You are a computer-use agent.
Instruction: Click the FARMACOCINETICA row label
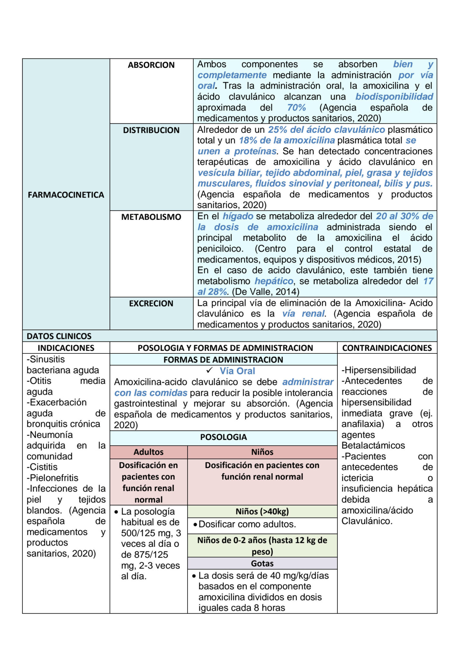pyautogui.click(x=66, y=195)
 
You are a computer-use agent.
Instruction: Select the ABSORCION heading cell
pyautogui.click(x=151, y=65)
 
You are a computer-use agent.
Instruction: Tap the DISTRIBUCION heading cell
pyautogui.click(x=151, y=130)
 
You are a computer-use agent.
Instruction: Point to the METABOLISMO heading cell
pyautogui.click(x=151, y=217)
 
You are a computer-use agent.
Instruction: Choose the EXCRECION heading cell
pyautogui.click(x=151, y=303)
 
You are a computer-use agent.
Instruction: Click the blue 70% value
pyautogui.click(x=296, y=108)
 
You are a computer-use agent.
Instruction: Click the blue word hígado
pyautogui.click(x=238, y=216)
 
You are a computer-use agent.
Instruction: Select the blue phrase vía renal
pyautogui.click(x=304, y=314)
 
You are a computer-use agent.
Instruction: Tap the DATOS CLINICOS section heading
pyautogui.click(x=59, y=336)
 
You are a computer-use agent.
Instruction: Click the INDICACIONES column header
pyautogui.click(x=66, y=348)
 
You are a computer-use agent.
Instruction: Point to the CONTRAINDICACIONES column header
pyautogui.click(x=387, y=348)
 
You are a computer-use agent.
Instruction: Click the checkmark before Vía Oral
pyautogui.click(x=210, y=370)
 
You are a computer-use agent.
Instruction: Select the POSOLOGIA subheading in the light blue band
pyautogui.click(x=224, y=437)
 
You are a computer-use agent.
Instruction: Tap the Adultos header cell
pyautogui.click(x=149, y=452)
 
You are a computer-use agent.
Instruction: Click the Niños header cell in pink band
pyautogui.click(x=262, y=452)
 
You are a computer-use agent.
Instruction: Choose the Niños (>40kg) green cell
pyautogui.click(x=262, y=511)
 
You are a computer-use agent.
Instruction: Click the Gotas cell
pyautogui.click(x=262, y=564)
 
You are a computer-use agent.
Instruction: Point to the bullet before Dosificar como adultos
pyautogui.click(x=195, y=525)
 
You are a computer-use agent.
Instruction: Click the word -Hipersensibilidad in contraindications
pyautogui.click(x=379, y=370)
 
